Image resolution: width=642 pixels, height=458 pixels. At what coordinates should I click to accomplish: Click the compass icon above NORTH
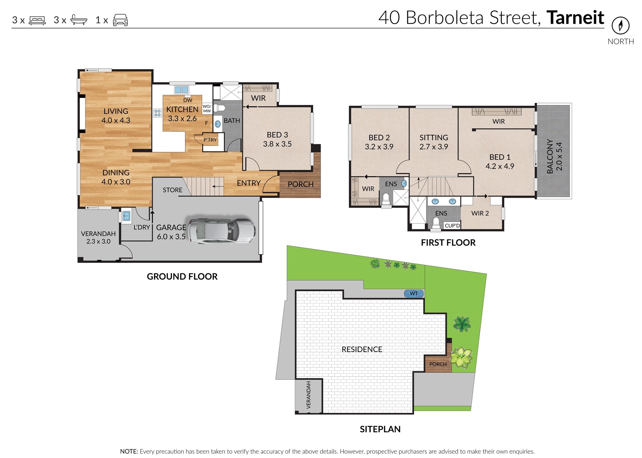click(x=620, y=25)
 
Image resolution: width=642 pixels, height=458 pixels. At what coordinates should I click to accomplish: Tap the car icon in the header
click(x=120, y=20)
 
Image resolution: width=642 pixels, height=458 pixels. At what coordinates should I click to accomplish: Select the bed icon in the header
click(x=37, y=21)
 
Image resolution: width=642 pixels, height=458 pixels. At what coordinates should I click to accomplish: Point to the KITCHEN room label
click(x=182, y=109)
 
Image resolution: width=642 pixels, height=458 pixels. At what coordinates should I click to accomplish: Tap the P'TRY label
click(x=210, y=140)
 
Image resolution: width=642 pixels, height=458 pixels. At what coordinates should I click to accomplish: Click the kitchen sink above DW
click(x=181, y=90)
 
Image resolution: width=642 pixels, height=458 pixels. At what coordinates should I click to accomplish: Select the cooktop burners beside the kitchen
click(x=157, y=113)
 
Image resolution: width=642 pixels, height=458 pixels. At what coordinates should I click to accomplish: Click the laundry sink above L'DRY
click(x=126, y=216)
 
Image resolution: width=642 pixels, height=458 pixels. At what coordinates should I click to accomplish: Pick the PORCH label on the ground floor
click(x=301, y=185)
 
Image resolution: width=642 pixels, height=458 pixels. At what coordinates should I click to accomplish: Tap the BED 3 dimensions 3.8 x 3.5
click(x=277, y=144)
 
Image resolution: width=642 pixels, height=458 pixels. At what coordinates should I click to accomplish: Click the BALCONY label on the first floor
click(x=550, y=156)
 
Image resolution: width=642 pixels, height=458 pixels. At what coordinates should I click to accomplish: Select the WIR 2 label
click(x=480, y=213)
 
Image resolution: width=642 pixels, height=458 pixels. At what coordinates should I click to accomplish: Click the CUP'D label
click(x=452, y=226)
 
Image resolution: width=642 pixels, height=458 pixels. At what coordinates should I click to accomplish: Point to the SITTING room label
click(x=434, y=137)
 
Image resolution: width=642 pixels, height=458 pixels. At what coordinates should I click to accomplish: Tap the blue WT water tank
click(x=414, y=293)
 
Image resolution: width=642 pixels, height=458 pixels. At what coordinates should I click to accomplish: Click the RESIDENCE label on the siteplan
click(x=362, y=350)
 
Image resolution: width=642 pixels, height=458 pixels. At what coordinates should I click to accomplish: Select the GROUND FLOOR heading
click(x=182, y=276)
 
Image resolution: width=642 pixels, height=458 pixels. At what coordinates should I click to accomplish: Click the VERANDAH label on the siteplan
click(x=308, y=395)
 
